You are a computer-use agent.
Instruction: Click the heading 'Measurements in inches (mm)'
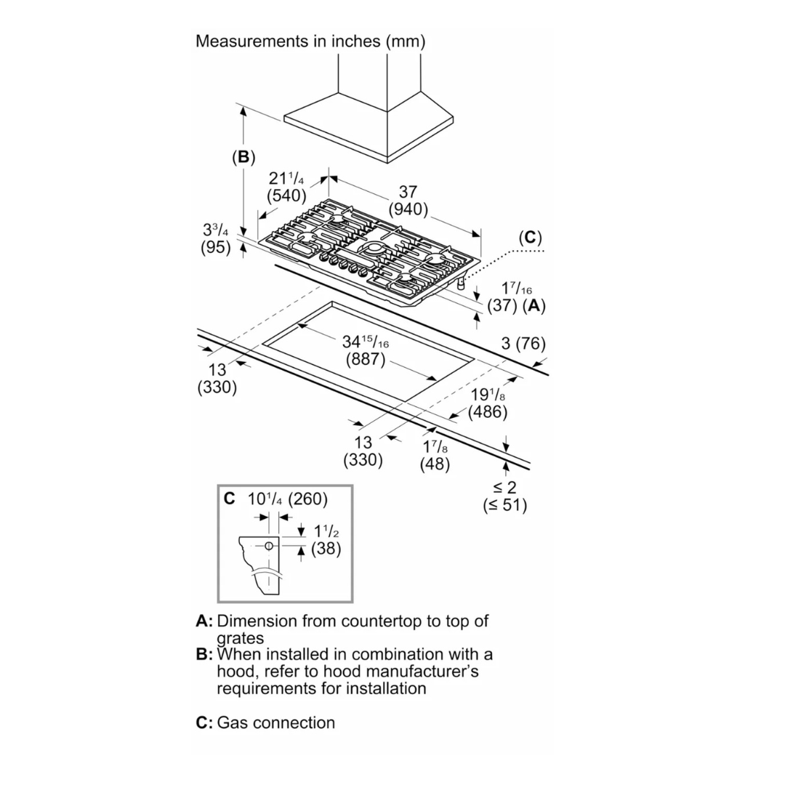coord(310,41)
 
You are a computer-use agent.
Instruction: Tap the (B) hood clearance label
coord(243,157)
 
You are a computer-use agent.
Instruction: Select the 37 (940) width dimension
coord(408,201)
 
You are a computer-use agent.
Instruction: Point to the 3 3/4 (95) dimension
coord(215,238)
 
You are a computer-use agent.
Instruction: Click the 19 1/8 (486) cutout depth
coord(487,403)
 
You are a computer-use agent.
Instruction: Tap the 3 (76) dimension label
coord(523,344)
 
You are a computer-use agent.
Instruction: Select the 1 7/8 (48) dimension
coord(435,456)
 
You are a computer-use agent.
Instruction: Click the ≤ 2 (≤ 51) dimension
coord(505,496)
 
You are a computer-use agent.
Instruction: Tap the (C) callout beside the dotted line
coord(530,238)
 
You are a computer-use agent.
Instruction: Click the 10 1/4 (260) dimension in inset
coord(287,499)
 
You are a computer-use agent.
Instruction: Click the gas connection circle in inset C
coord(268,546)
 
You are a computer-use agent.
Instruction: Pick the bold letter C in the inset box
coord(230,499)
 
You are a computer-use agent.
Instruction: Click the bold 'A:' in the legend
coord(204,621)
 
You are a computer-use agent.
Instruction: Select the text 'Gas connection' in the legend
coord(276,722)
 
